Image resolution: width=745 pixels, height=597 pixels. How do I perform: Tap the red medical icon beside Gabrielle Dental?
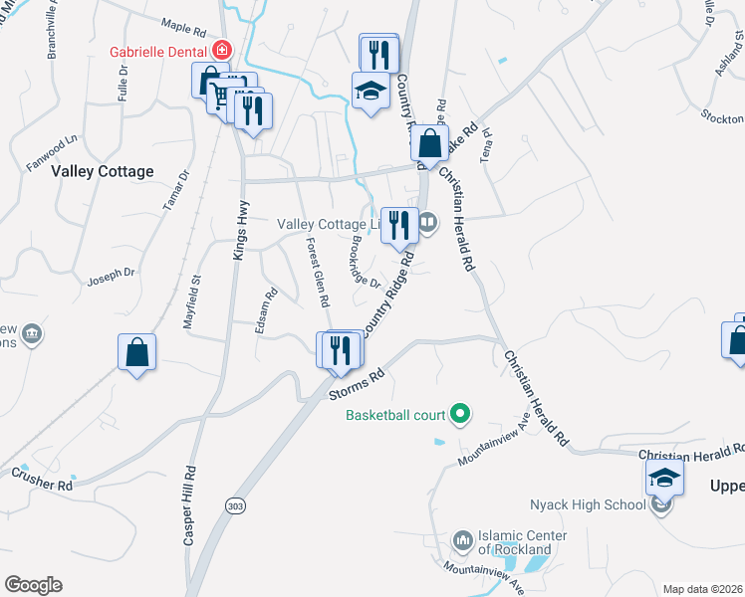coord(222,51)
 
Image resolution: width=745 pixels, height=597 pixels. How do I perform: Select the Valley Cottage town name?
coord(103,171)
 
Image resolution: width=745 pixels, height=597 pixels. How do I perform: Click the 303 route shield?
coord(235,505)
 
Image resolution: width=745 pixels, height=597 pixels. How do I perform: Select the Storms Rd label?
coord(357,387)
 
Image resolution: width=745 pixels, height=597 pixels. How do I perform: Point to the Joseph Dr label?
coord(111,274)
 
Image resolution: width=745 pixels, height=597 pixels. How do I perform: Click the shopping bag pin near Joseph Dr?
coord(136,352)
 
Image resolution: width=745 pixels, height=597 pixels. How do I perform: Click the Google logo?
coord(33,585)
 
